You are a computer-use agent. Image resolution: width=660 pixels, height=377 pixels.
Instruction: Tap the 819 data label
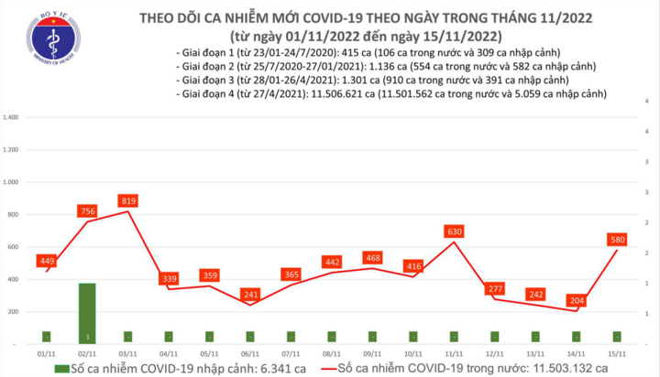tap(127, 200)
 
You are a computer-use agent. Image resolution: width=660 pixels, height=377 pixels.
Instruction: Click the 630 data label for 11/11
tap(453, 232)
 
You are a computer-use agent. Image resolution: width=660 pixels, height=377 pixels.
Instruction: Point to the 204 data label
tap(576, 300)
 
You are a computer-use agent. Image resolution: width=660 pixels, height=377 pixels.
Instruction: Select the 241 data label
tap(249, 295)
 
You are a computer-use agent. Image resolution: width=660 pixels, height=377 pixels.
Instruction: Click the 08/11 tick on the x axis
tap(331, 353)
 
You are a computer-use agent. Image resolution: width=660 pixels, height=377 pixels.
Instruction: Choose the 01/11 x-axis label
tap(46, 353)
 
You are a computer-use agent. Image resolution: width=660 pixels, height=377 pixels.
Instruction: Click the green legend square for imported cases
tap(60, 369)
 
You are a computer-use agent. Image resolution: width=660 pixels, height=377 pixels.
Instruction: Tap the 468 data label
tap(371, 258)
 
